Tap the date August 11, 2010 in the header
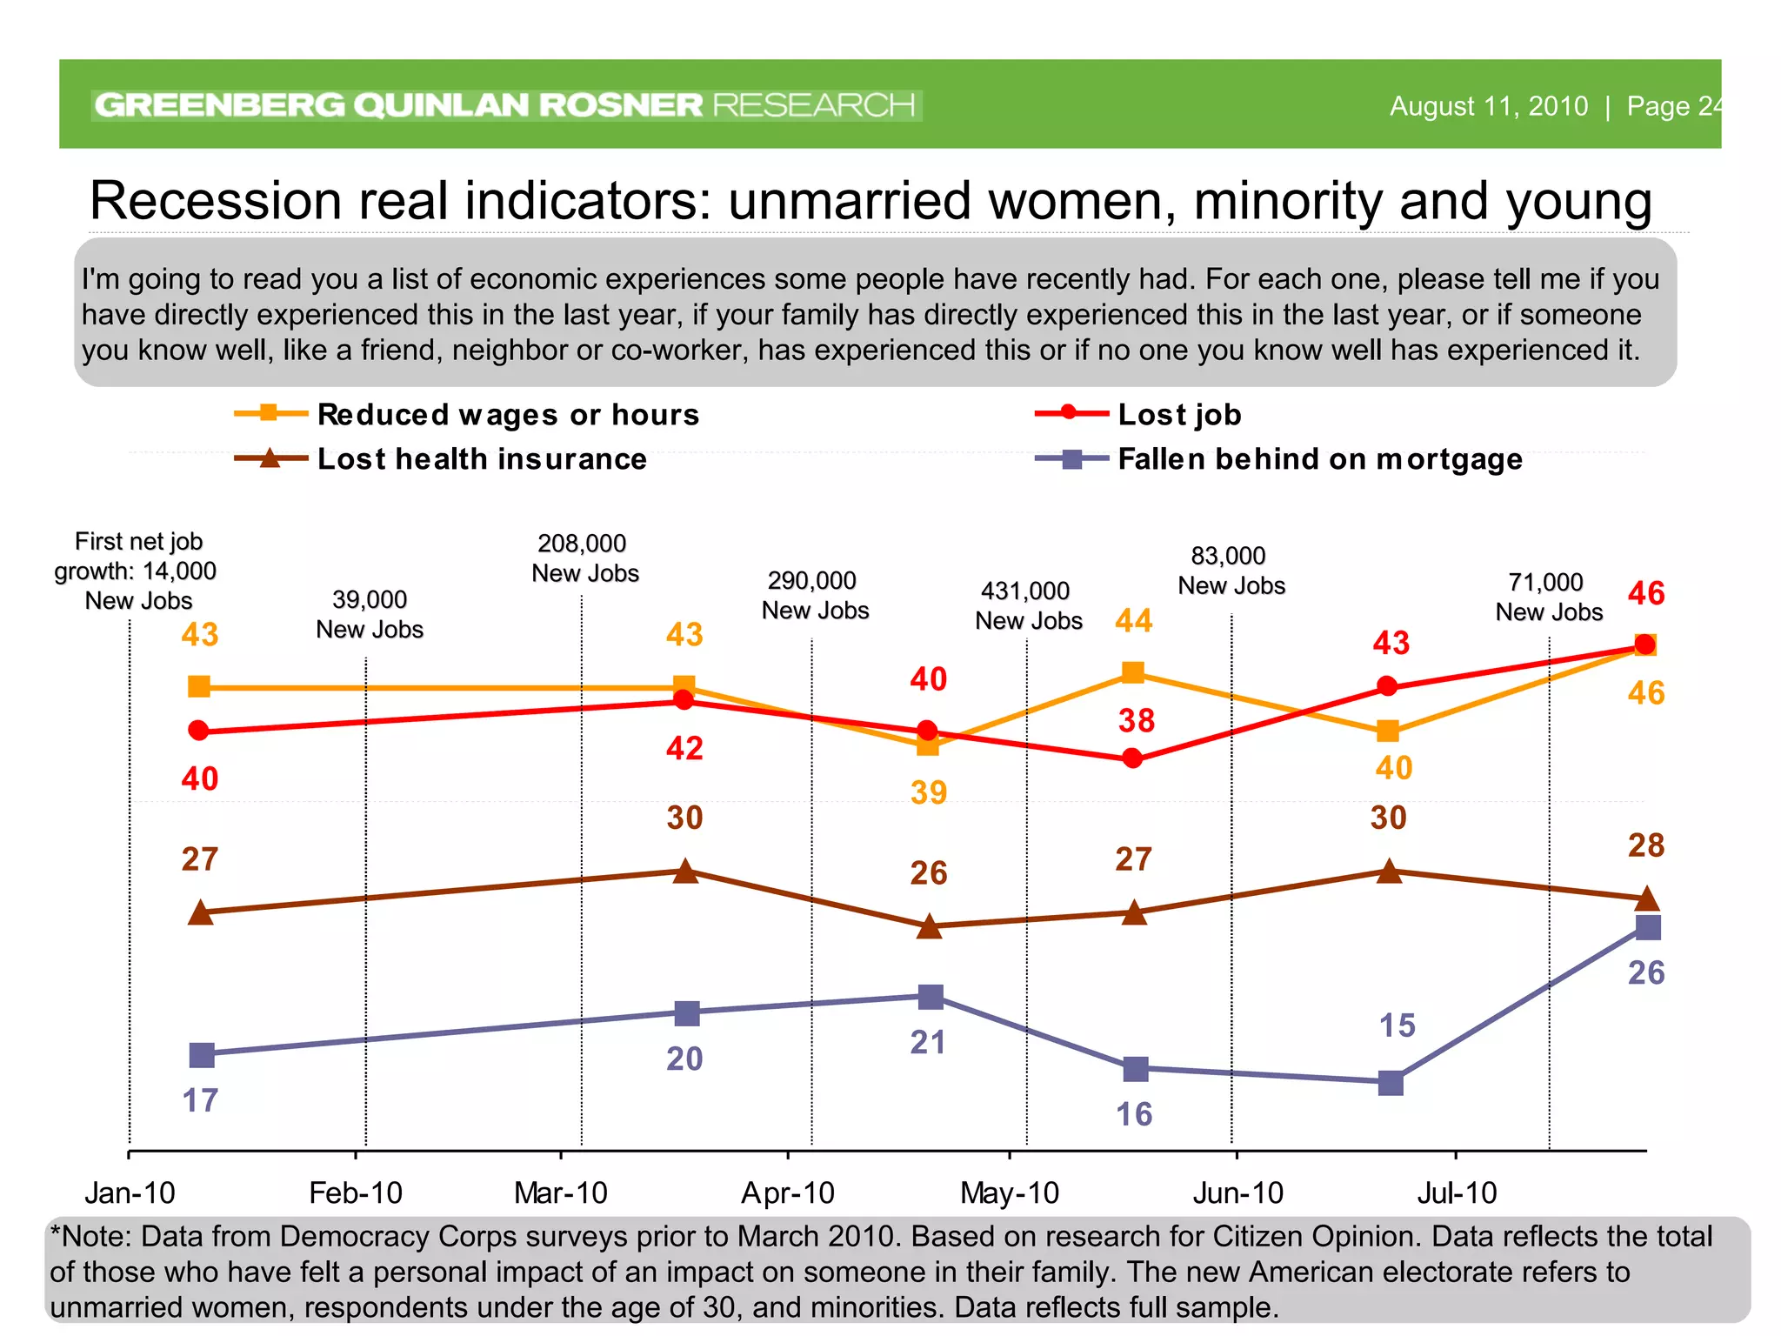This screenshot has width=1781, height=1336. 1488,106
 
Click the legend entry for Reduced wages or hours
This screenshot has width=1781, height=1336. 508,414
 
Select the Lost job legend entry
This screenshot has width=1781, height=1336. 1179,414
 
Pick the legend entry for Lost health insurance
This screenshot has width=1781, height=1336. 482,458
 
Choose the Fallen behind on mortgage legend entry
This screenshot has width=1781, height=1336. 1319,458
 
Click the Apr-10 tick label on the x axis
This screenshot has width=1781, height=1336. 787,1192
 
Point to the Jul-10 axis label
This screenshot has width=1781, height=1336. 1457,1192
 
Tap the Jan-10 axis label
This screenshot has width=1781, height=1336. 130,1192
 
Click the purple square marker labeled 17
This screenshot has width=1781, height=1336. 202,1055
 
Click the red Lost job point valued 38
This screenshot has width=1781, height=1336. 1132,759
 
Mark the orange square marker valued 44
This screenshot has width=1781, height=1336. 1132,672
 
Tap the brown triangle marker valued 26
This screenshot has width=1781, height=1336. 930,927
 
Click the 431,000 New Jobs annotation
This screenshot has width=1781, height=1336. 1028,605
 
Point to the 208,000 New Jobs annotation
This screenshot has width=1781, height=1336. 584,558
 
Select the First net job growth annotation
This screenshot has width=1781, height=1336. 137,571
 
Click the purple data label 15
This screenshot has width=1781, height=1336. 1397,1025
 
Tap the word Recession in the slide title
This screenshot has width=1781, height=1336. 216,201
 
